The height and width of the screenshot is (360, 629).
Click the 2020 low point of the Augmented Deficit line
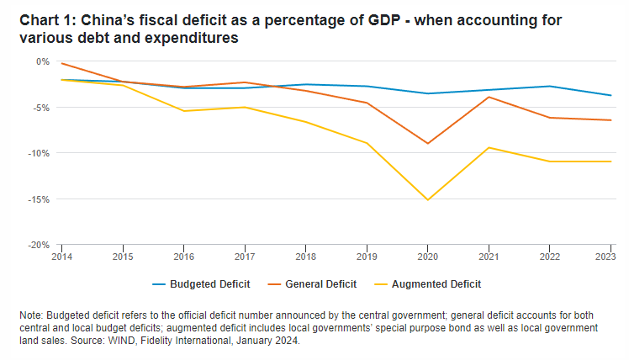tap(427, 199)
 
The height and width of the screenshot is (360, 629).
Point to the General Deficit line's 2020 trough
tap(427, 144)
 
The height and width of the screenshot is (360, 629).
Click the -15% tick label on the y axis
tap(41, 199)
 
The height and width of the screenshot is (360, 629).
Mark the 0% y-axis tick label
tap(44, 61)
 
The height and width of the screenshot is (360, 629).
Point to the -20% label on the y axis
tap(41, 245)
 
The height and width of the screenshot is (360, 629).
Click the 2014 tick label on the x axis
tap(61, 256)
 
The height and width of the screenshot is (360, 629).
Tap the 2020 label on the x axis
tap(427, 256)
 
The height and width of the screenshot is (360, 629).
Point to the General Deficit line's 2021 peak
tap(489, 97)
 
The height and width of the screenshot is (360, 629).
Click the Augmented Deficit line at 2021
tap(489, 148)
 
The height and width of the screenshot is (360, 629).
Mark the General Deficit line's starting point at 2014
tap(61, 63)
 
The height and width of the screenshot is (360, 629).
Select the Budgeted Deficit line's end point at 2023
tap(610, 95)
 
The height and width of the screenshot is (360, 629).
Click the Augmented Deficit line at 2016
tap(183, 111)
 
